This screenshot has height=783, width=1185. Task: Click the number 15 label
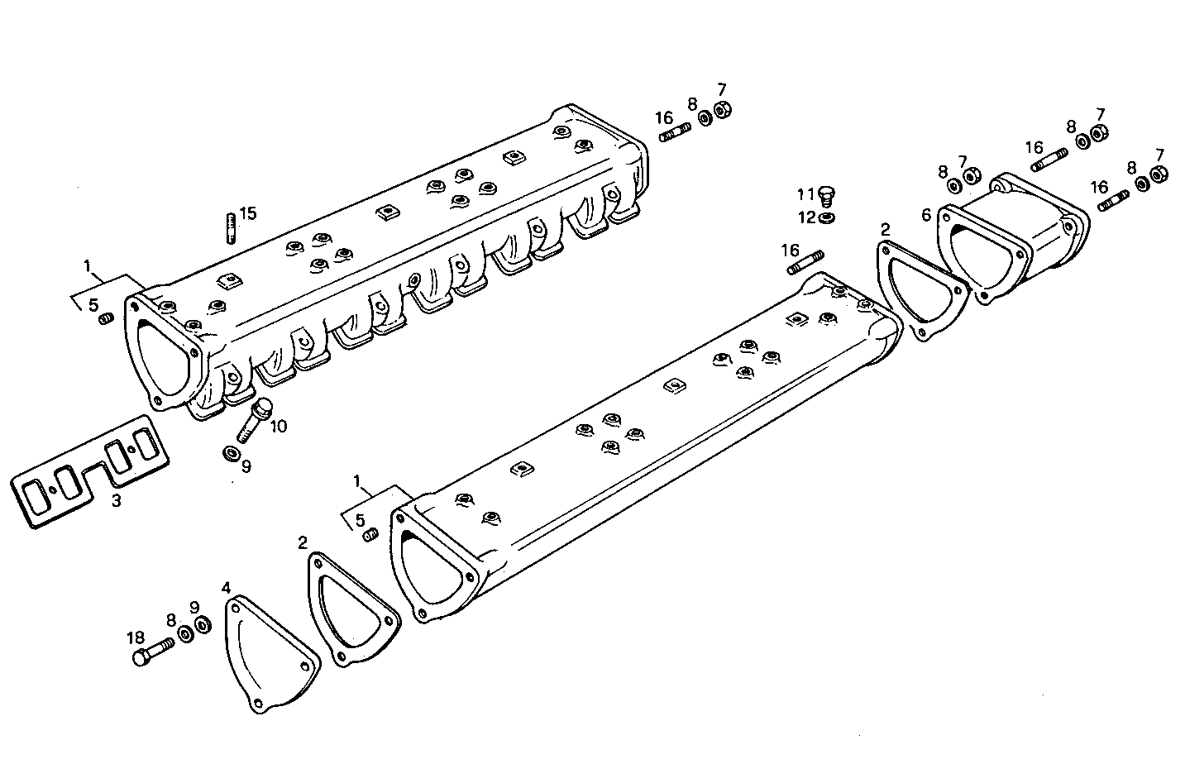point(248,212)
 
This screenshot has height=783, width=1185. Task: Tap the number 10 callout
point(278,426)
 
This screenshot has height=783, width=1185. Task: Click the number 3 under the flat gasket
point(116,500)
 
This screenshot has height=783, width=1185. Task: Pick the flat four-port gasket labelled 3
point(91,469)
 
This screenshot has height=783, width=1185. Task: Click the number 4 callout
point(226,588)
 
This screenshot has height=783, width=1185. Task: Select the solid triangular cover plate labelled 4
point(270,654)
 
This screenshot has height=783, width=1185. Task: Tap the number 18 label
point(136,637)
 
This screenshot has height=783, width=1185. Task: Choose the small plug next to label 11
point(826,197)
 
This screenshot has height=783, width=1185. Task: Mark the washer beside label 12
point(826,218)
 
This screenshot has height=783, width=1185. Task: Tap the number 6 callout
point(926,215)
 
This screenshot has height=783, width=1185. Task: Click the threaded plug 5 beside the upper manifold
point(106,319)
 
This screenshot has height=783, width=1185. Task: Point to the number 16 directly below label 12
point(790,250)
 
